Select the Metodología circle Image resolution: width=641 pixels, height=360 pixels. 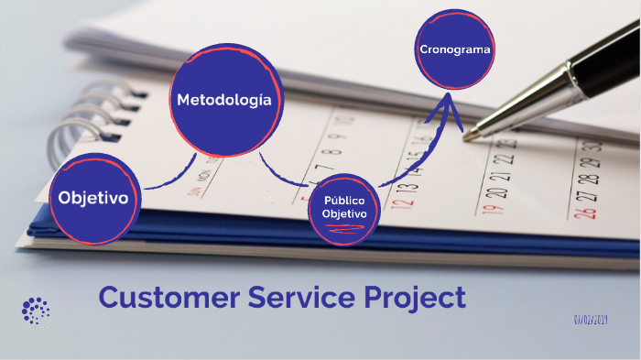click(x=223, y=100)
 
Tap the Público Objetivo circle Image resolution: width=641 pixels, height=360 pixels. click(x=343, y=207)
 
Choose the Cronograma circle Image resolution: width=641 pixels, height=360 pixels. click(x=455, y=49)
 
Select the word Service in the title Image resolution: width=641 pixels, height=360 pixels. click(x=303, y=298)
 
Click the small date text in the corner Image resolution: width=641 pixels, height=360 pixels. click(x=592, y=320)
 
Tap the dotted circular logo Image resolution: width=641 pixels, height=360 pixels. click(x=36, y=311)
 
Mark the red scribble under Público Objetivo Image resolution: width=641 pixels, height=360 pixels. click(x=345, y=233)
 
